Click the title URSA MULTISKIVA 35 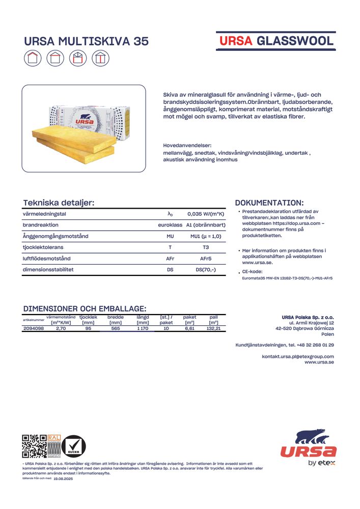[x=86, y=42]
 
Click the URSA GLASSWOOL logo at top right [x=276, y=41]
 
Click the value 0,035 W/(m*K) [x=206, y=214]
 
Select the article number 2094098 [x=34, y=329]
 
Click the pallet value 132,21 [x=213, y=329]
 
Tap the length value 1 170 [x=143, y=329]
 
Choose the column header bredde [x=116, y=317]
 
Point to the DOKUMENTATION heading [x=269, y=203]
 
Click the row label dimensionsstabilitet [x=48, y=269]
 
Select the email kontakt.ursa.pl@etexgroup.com [x=298, y=356]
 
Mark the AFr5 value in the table [x=206, y=259]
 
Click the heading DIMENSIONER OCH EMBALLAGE [x=85, y=308]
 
